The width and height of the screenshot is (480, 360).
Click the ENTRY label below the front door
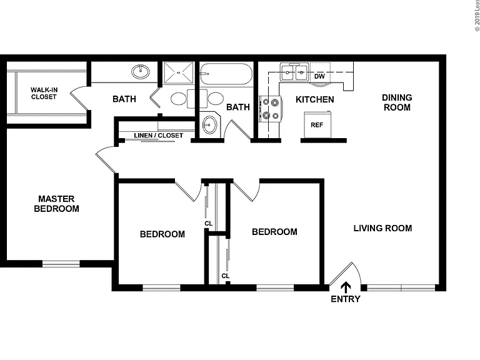[x=346, y=299]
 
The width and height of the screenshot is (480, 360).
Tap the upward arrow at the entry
[x=346, y=287]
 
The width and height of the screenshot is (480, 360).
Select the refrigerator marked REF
[x=317, y=124]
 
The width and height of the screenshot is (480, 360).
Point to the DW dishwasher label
[x=319, y=76]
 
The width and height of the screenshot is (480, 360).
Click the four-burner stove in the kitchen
[x=271, y=109]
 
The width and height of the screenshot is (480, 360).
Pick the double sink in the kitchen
[x=294, y=72]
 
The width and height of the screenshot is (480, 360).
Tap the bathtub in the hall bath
[x=226, y=74]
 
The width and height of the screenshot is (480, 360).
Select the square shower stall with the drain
[x=179, y=73]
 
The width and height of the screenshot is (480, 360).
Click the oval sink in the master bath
[x=141, y=72]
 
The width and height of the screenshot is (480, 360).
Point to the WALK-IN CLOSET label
[x=44, y=93]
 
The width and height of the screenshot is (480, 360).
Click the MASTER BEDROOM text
[x=57, y=204]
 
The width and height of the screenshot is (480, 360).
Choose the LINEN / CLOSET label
[x=159, y=135]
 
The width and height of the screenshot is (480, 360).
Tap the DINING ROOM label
[x=397, y=102]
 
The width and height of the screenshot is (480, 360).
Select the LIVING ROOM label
[x=382, y=228]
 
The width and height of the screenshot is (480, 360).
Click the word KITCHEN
[x=315, y=99]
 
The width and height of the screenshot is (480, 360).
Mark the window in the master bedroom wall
[x=61, y=264]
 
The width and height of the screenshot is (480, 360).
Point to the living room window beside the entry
[x=401, y=287]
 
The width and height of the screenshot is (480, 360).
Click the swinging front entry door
[x=341, y=273]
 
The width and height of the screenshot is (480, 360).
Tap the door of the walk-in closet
[x=79, y=98]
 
